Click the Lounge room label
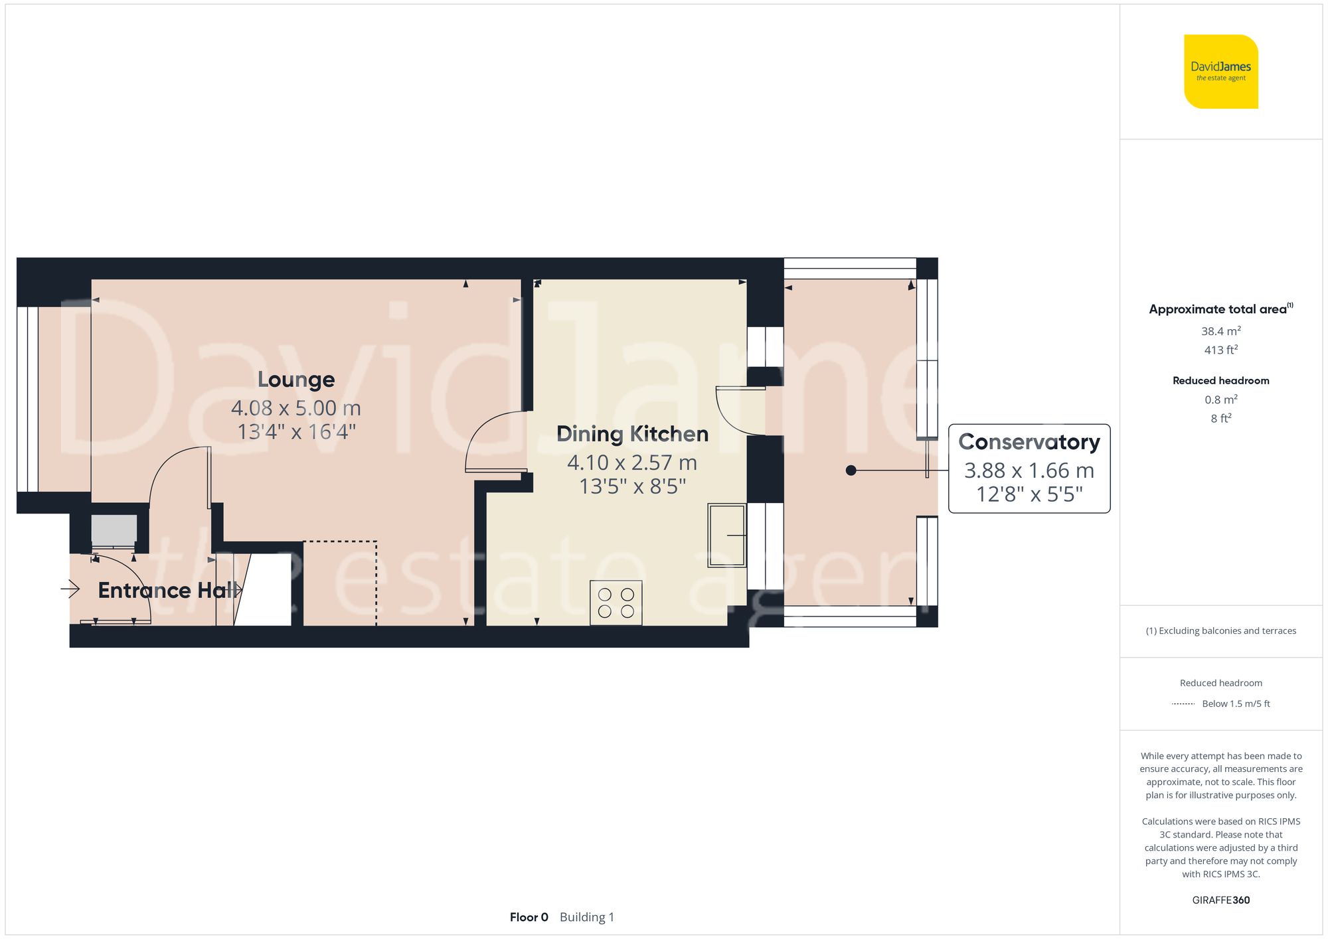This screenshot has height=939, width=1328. tap(296, 380)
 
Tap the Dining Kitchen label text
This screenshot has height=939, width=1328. tap(632, 434)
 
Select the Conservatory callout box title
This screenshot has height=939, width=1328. tap(1029, 442)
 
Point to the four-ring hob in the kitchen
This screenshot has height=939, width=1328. tap(616, 603)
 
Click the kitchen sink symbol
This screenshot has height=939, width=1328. tap(726, 535)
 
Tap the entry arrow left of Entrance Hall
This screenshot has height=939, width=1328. tap(70, 589)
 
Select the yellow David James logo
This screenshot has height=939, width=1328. tap(1220, 72)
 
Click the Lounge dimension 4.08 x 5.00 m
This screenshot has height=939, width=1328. tap(296, 408)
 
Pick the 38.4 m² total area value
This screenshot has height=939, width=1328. tap(1220, 331)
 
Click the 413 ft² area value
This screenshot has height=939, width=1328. tap(1220, 350)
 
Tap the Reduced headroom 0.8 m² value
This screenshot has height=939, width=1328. tap(1220, 399)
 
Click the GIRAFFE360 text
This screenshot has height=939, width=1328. tap(1220, 900)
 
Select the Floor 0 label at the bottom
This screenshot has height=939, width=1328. tap(529, 917)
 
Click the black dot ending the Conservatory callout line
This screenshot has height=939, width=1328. tap(851, 470)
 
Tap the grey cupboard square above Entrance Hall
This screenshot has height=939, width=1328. tap(114, 530)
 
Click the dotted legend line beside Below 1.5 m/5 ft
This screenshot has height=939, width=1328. tap(1183, 704)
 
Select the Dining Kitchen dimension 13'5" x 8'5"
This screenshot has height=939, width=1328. tap(632, 486)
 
